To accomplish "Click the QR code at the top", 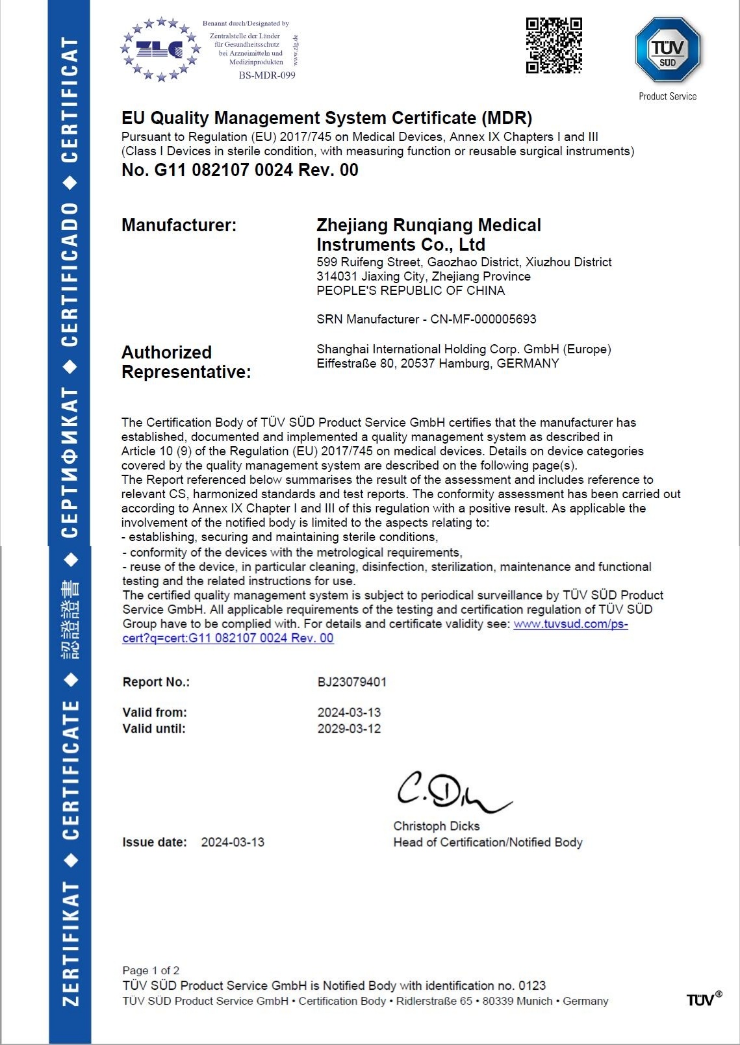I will [554, 45].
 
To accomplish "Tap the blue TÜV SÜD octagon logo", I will [667, 50].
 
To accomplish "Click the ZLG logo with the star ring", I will [160, 49].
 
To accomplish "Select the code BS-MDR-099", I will [267, 75].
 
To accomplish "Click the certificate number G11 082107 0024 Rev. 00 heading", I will [240, 170].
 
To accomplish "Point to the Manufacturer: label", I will [179, 225].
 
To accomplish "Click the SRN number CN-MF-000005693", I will [483, 319].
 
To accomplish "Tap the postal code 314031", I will [337, 277].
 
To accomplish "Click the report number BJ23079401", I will [351, 682].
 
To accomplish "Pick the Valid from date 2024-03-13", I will [349, 712].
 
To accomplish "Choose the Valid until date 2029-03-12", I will [349, 729].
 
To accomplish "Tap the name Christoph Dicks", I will [436, 826].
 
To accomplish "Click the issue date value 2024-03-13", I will [233, 842].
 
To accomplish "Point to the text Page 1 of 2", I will [151, 970].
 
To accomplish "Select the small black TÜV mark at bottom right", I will [703, 1000].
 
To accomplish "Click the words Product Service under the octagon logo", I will [667, 97].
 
